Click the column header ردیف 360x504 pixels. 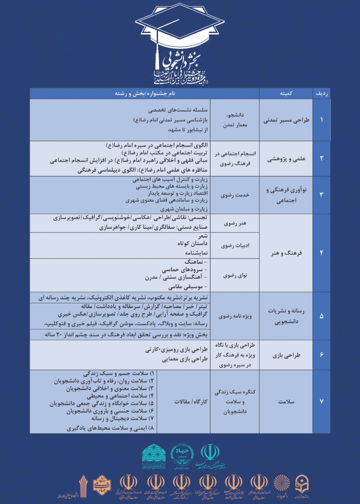coord(322,94)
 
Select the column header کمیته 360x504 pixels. coord(286,94)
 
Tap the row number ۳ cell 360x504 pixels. coord(322,195)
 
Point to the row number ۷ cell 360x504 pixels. coord(322,402)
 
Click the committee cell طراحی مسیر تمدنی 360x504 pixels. coord(286,120)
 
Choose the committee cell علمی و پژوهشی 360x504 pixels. coord(286,159)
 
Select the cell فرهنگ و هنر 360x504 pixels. coord(286,253)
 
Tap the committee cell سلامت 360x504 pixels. coord(286,402)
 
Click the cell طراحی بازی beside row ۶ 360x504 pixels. coord(286,355)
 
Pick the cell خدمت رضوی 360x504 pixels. coord(235,195)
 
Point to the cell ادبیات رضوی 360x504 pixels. coord(235,245)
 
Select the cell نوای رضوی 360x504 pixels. coord(235,276)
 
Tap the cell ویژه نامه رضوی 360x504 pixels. coord(235,316)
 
